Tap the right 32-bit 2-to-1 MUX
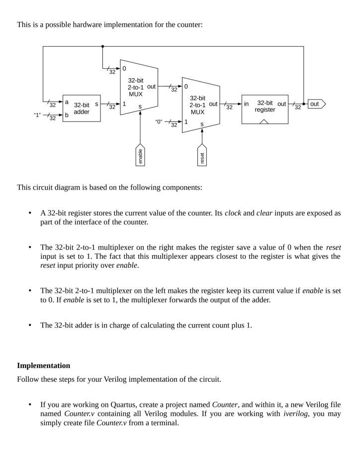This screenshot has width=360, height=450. tap(201, 105)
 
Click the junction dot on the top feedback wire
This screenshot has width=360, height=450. tap(102, 46)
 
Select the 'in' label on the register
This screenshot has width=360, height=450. tap(247, 104)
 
